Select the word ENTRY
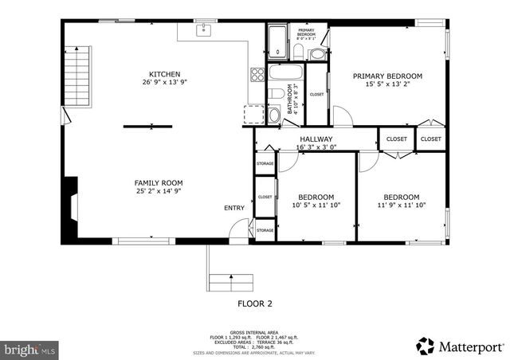234,208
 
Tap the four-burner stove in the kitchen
258,76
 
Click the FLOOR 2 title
255,303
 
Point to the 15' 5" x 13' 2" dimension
387,84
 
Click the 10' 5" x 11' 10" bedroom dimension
316,205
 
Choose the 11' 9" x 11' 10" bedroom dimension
401,205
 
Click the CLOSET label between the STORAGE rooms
265,197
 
